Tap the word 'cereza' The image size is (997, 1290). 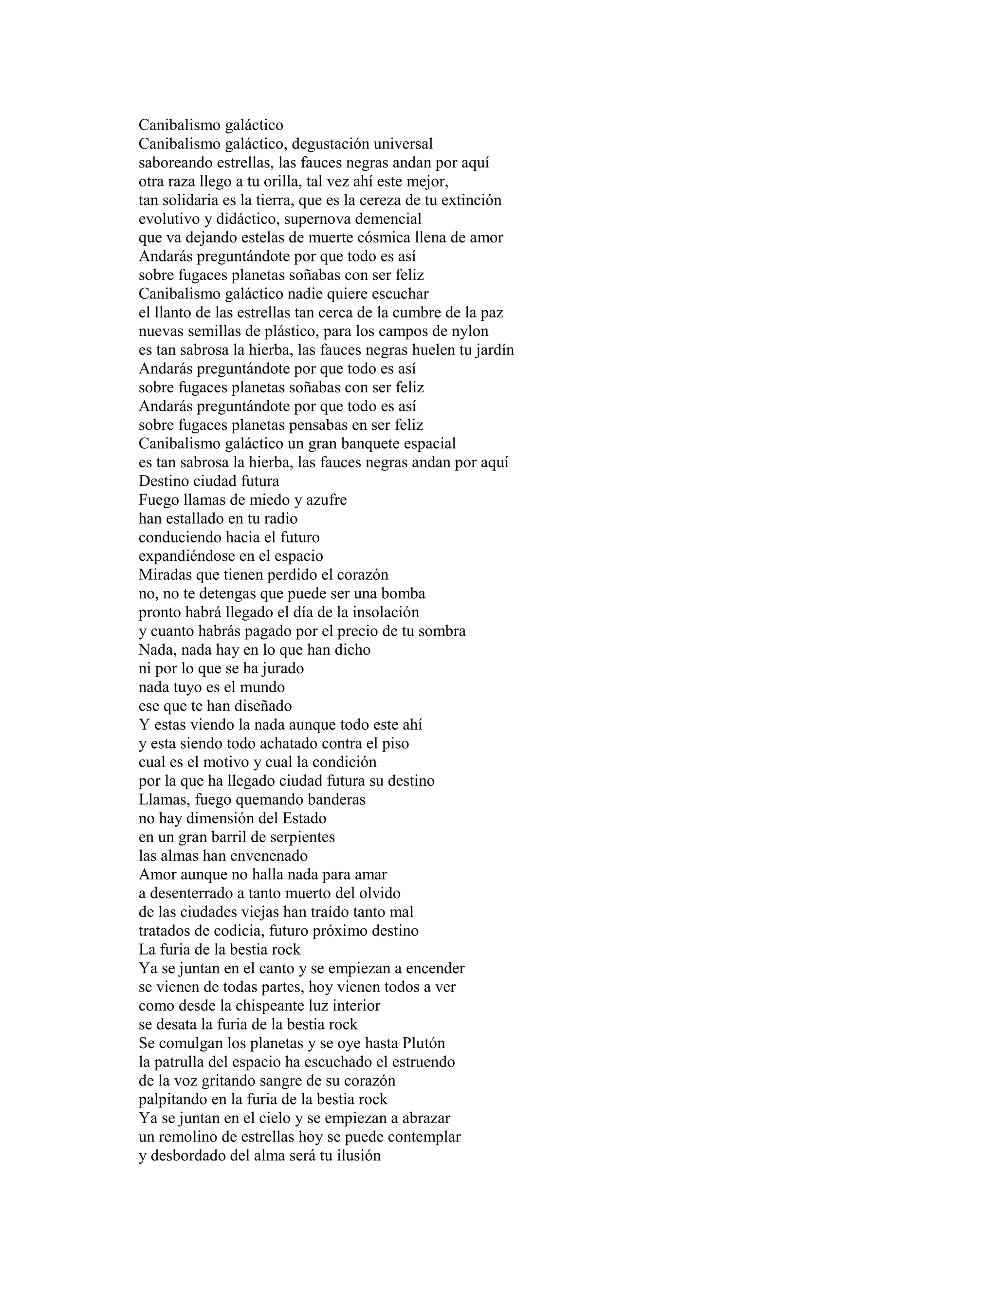(381, 200)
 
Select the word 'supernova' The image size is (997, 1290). (324, 219)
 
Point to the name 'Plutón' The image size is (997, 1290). (424, 1044)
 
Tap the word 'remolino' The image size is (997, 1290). (189, 1137)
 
